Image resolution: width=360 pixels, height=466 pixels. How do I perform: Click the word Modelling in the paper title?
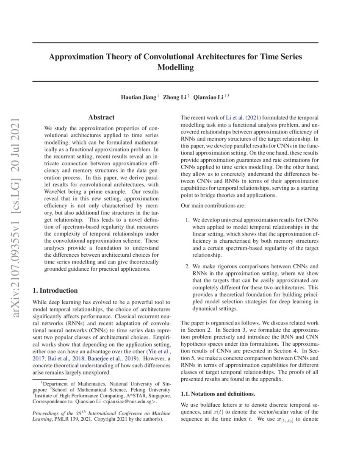coord(175,67)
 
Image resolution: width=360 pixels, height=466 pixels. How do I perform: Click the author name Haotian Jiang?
coord(138,97)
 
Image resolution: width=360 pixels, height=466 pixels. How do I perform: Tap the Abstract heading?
coord(101,117)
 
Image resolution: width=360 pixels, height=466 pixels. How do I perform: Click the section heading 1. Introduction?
coord(55,291)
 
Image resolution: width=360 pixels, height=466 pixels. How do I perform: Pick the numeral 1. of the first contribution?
coord(188,220)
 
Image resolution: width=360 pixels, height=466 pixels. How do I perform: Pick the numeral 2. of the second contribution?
coord(188,266)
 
